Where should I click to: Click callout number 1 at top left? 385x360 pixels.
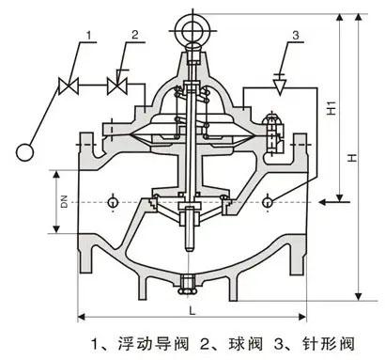coord(91,36)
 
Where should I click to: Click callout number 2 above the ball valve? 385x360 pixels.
coord(135,36)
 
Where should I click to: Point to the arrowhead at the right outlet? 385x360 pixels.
coord(322,199)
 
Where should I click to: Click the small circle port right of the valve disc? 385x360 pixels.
coord(269,200)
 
